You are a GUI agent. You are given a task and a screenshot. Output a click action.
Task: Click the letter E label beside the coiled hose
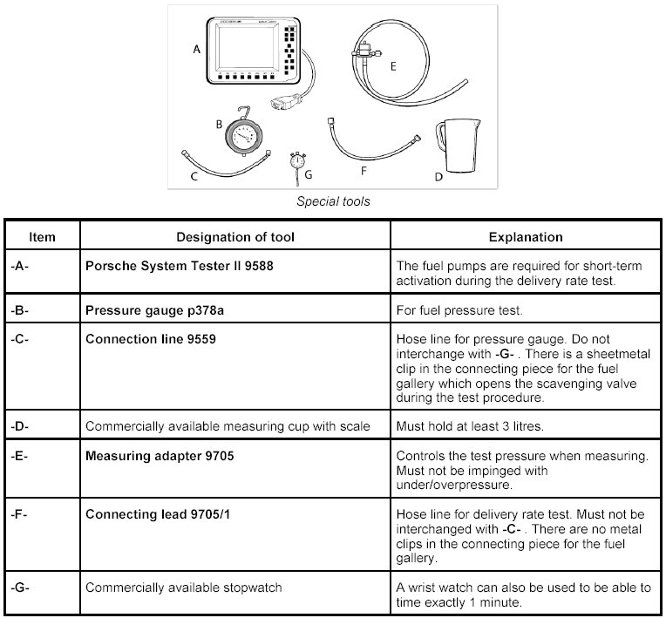click(393, 65)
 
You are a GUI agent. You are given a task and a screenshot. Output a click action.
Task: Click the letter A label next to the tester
click(197, 51)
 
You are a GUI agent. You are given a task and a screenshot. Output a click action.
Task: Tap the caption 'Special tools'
click(333, 201)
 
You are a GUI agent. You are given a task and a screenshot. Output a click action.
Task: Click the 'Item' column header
click(42, 237)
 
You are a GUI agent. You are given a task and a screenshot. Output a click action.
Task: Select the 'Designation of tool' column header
click(235, 237)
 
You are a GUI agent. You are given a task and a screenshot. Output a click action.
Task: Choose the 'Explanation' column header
click(525, 237)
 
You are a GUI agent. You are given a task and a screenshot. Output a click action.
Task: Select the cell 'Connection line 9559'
click(151, 339)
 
